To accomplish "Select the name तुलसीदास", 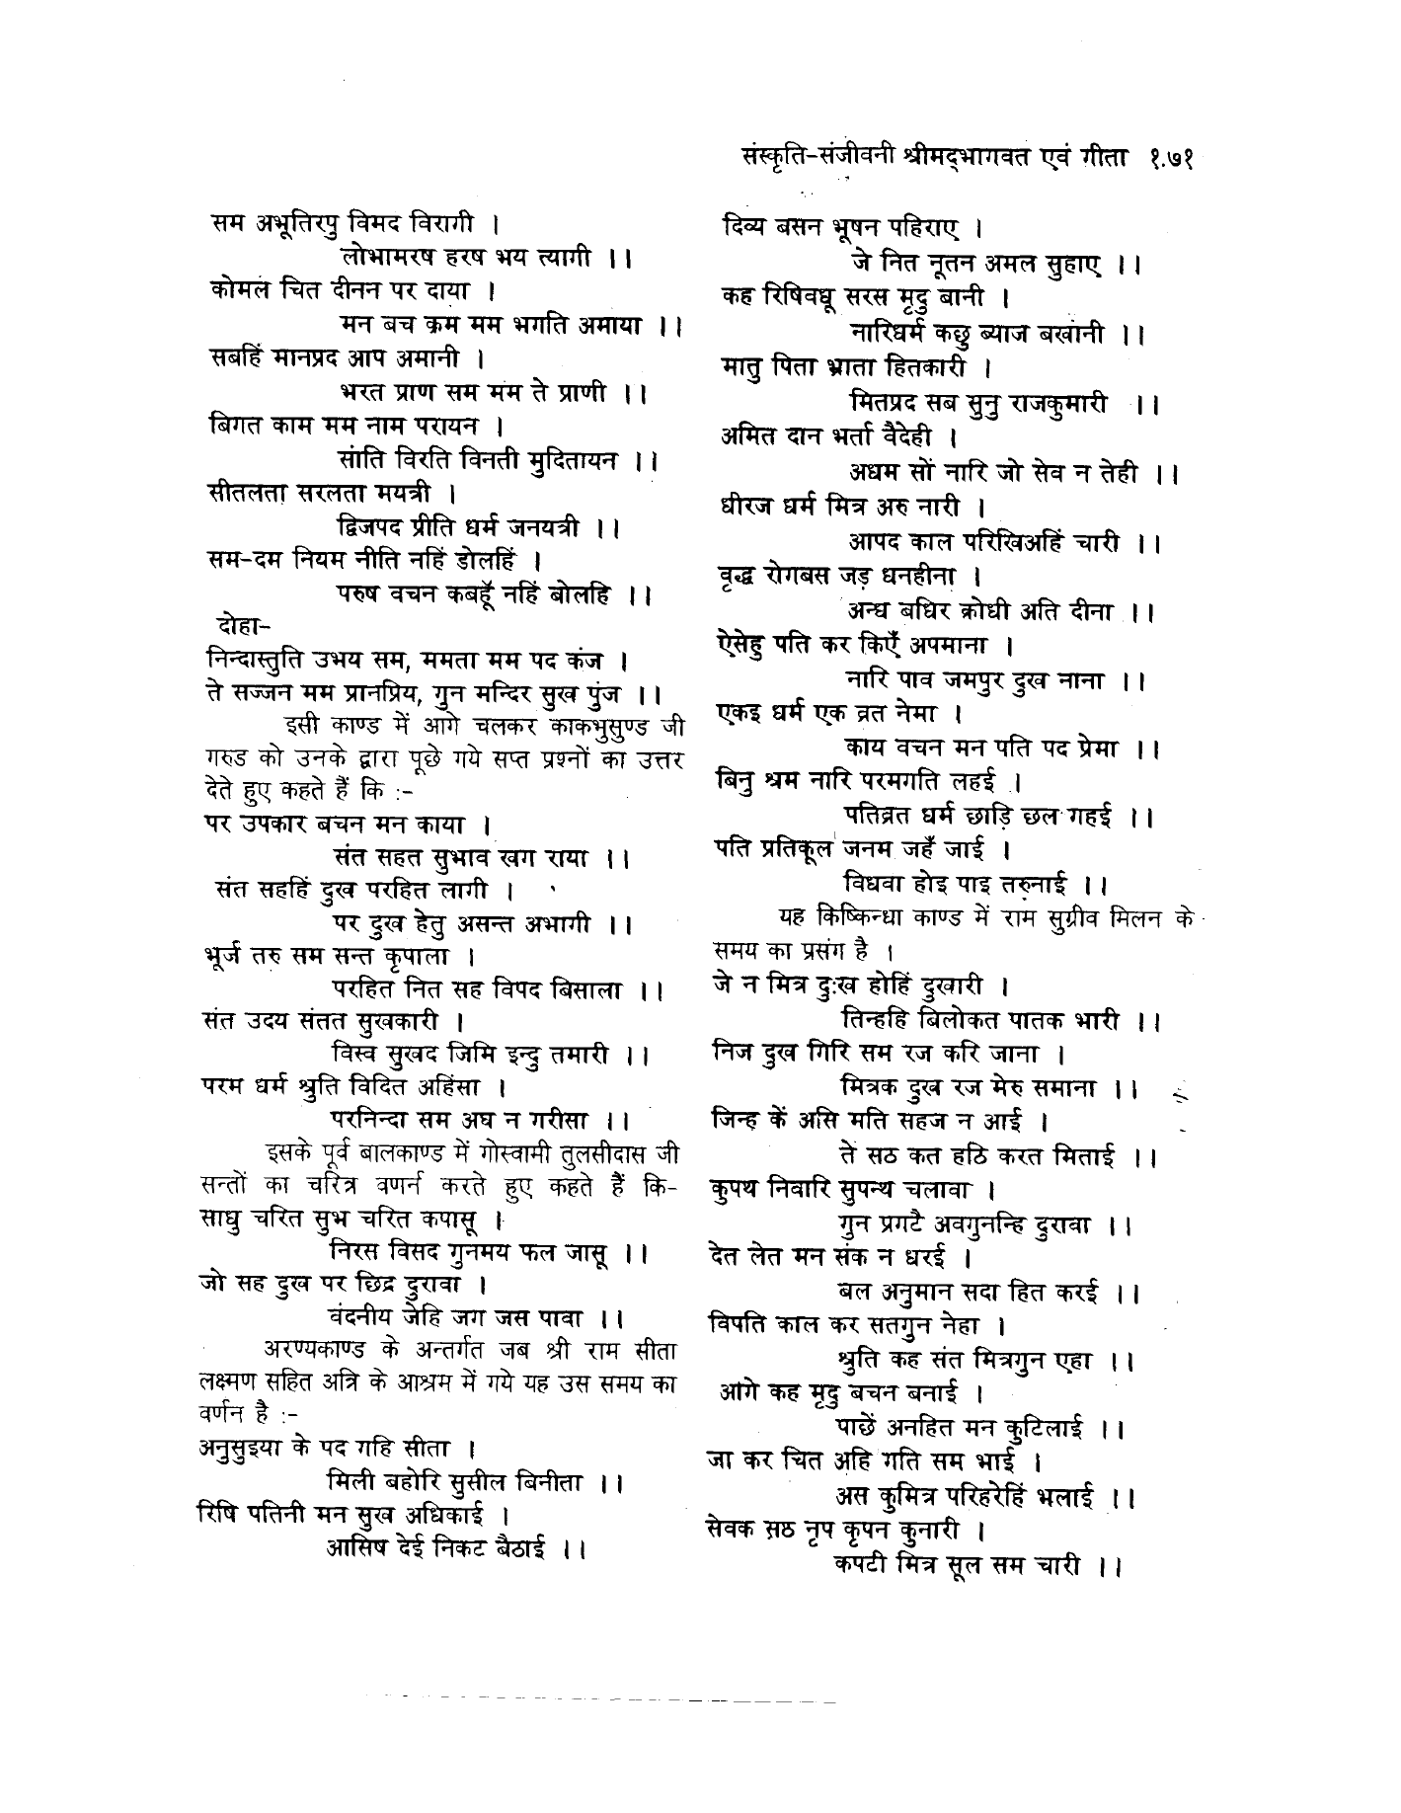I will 603,1154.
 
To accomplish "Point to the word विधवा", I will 878,882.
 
